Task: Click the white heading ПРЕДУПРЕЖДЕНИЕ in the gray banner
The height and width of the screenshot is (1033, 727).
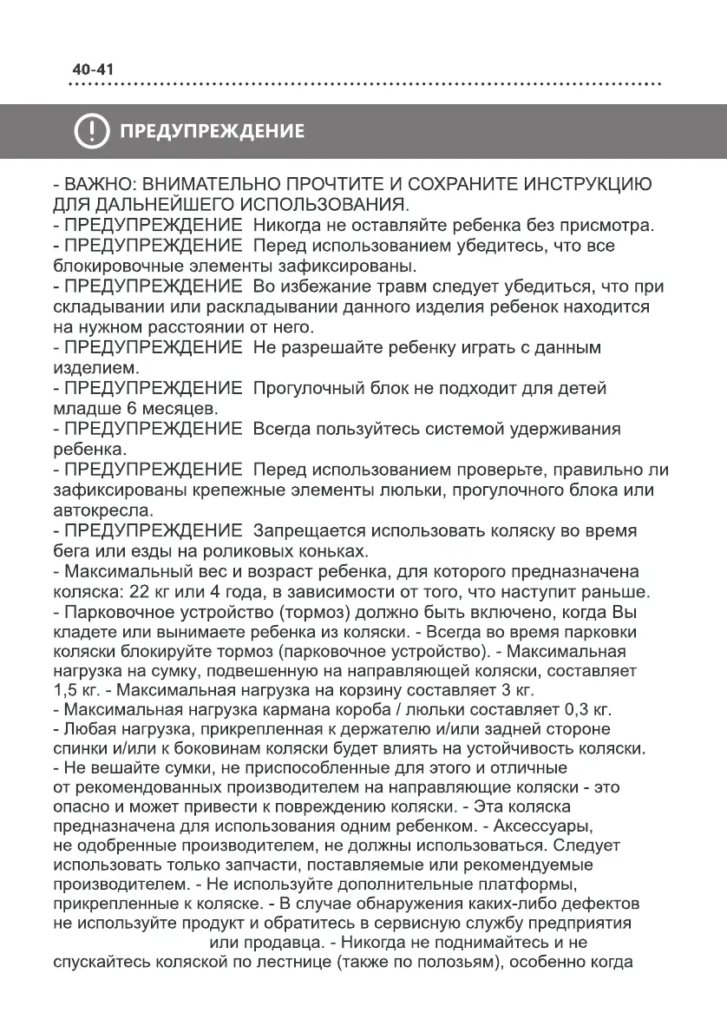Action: click(x=212, y=132)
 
